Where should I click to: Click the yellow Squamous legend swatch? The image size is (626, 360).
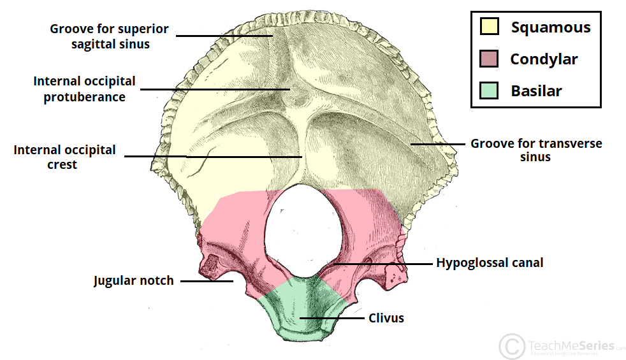click(490, 27)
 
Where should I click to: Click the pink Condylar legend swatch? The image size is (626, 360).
click(490, 59)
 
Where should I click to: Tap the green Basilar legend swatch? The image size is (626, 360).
click(490, 90)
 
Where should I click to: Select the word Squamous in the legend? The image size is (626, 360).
click(551, 27)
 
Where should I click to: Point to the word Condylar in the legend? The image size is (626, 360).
click(544, 59)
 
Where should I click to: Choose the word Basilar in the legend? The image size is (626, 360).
click(536, 91)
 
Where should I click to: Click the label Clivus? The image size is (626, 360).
click(386, 317)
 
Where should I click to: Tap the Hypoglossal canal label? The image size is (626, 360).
click(490, 263)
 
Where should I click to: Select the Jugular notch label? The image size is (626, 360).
click(133, 280)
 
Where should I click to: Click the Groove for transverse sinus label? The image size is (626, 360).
click(536, 150)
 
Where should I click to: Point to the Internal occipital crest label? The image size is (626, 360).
click(65, 157)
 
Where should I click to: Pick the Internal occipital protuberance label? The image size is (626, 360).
click(84, 89)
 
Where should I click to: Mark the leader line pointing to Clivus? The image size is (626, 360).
click(331, 317)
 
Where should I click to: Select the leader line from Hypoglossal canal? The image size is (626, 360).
click(382, 263)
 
